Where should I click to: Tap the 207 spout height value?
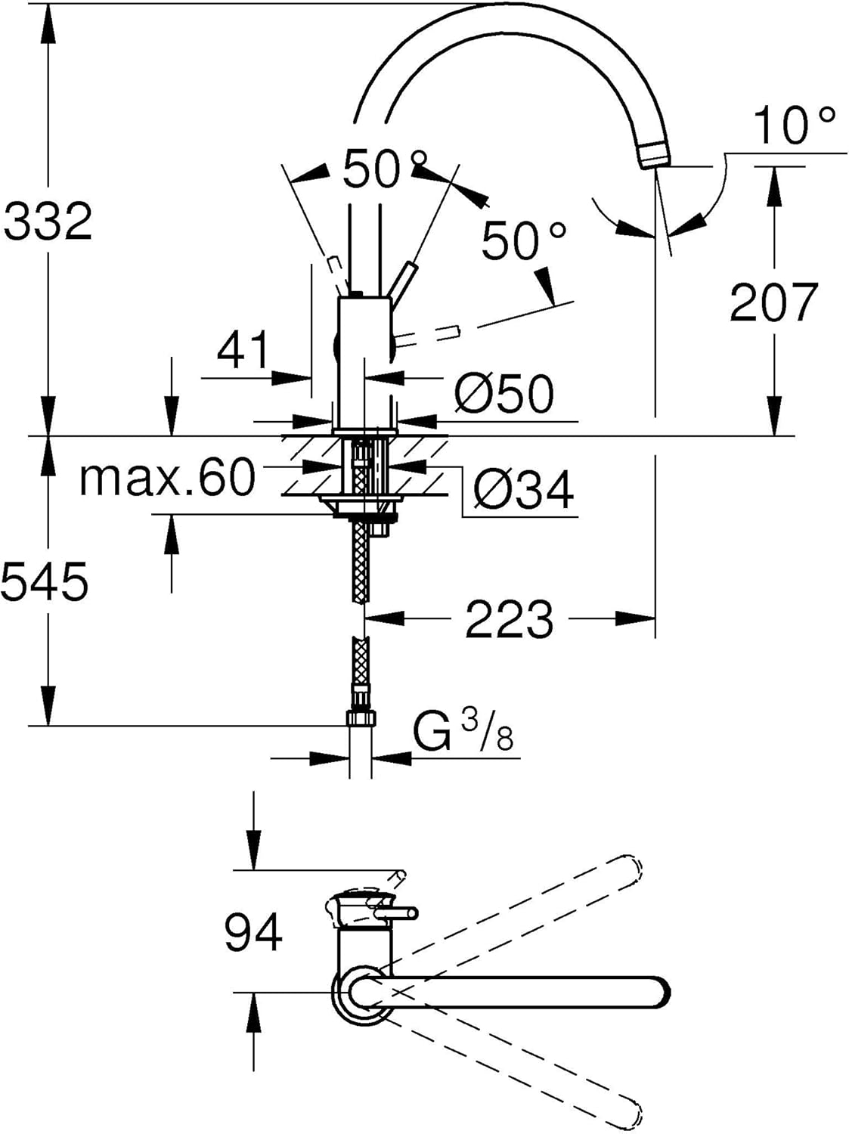coord(773,302)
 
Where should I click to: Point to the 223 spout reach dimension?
coord(510,618)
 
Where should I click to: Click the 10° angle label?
coord(794,125)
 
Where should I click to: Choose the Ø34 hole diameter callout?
coord(522,489)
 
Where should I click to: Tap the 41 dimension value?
coord(243,349)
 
